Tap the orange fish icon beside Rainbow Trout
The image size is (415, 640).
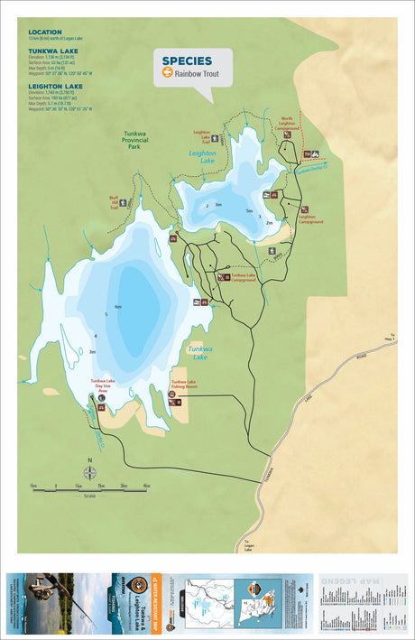coord(167,73)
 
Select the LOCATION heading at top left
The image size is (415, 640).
coord(45,32)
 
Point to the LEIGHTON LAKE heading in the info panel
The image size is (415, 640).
coord(56,86)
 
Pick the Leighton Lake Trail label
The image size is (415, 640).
coord(202,137)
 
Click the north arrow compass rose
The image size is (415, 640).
coord(88,473)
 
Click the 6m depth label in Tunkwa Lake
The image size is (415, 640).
coord(117,307)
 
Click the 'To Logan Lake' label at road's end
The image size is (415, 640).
coord(247,545)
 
